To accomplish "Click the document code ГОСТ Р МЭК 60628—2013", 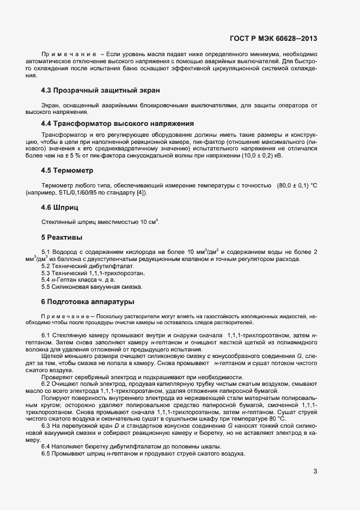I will (x=274, y=39).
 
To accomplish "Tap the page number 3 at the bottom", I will (x=315, y=472).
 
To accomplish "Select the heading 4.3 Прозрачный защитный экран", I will (x=100, y=90).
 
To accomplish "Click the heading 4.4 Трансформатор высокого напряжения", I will (x=118, y=124).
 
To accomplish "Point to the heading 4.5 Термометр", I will (x=68, y=171).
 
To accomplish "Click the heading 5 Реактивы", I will (x=63, y=238).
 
